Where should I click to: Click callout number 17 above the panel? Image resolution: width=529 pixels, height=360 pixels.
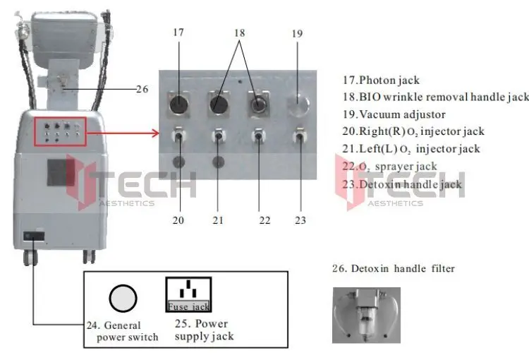(x=178, y=32)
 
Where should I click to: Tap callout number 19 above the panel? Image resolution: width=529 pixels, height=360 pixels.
(x=297, y=34)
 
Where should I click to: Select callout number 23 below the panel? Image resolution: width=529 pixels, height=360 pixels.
(x=300, y=220)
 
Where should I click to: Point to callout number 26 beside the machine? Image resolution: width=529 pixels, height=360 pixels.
(x=142, y=89)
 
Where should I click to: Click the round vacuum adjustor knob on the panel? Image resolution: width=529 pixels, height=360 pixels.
(x=298, y=104)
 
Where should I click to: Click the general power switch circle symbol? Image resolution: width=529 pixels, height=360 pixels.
(x=123, y=299)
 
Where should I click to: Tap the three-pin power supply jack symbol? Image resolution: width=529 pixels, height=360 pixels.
(x=188, y=289)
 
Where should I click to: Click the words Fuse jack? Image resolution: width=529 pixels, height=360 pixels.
(x=188, y=306)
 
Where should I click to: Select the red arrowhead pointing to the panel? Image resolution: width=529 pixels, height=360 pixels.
(x=156, y=133)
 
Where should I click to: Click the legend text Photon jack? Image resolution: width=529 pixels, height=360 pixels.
(x=389, y=80)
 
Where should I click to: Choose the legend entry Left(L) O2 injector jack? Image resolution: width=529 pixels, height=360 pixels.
(x=411, y=149)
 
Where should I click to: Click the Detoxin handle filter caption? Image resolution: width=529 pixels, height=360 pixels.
(x=394, y=269)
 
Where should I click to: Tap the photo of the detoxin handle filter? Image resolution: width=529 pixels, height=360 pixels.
(x=366, y=315)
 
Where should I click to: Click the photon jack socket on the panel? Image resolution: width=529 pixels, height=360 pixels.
(x=179, y=104)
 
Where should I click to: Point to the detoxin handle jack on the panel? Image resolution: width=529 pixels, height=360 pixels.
(x=300, y=136)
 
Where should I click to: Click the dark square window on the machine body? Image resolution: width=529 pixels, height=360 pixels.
(x=61, y=172)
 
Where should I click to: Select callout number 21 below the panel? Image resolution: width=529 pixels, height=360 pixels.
(x=218, y=220)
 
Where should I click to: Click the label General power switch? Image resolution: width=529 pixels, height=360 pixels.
(x=123, y=331)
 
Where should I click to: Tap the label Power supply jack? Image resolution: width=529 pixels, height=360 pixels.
(x=204, y=330)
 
